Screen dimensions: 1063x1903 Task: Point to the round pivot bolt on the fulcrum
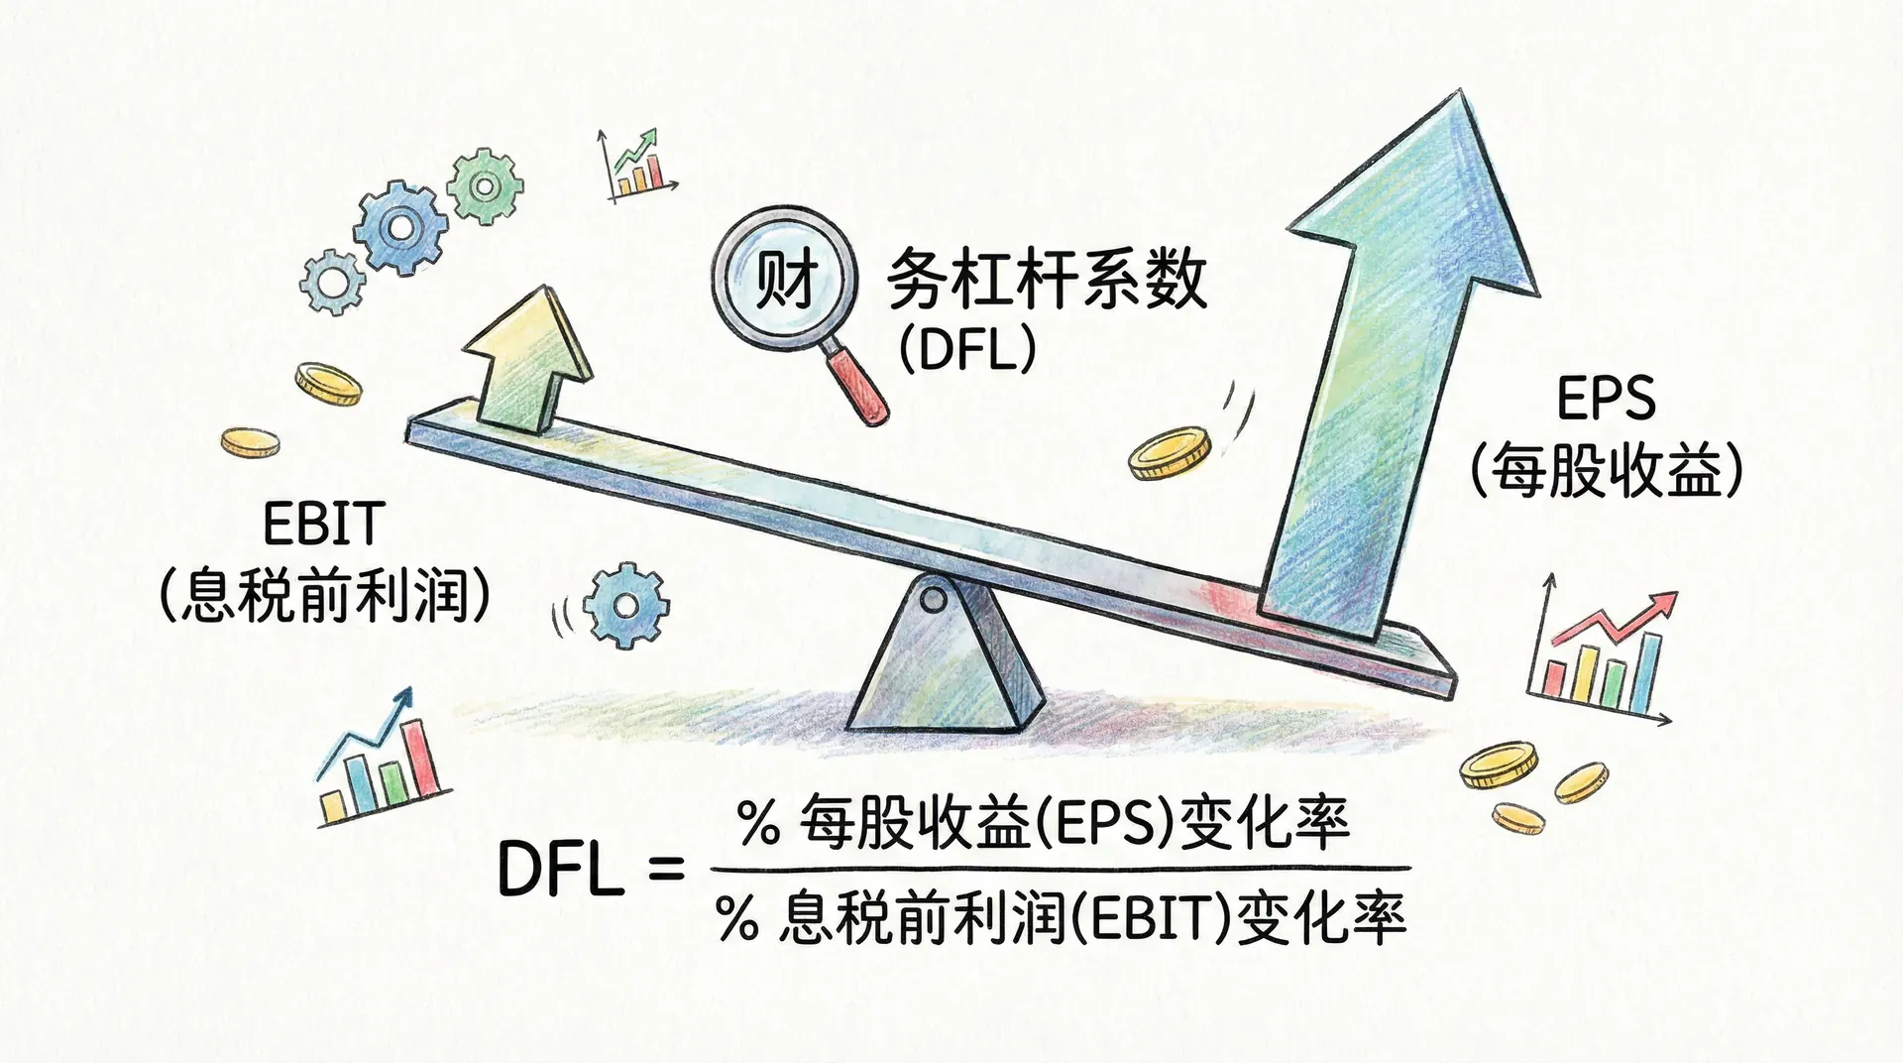coord(933,599)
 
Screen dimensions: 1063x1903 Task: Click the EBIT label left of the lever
coord(323,524)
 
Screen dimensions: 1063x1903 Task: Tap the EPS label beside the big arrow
coord(1606,399)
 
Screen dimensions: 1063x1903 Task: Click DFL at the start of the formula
coord(561,870)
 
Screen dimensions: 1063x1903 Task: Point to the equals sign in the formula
coord(665,870)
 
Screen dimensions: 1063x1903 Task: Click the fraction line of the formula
coord(1061,869)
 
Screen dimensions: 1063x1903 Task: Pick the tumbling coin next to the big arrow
coord(1171,453)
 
